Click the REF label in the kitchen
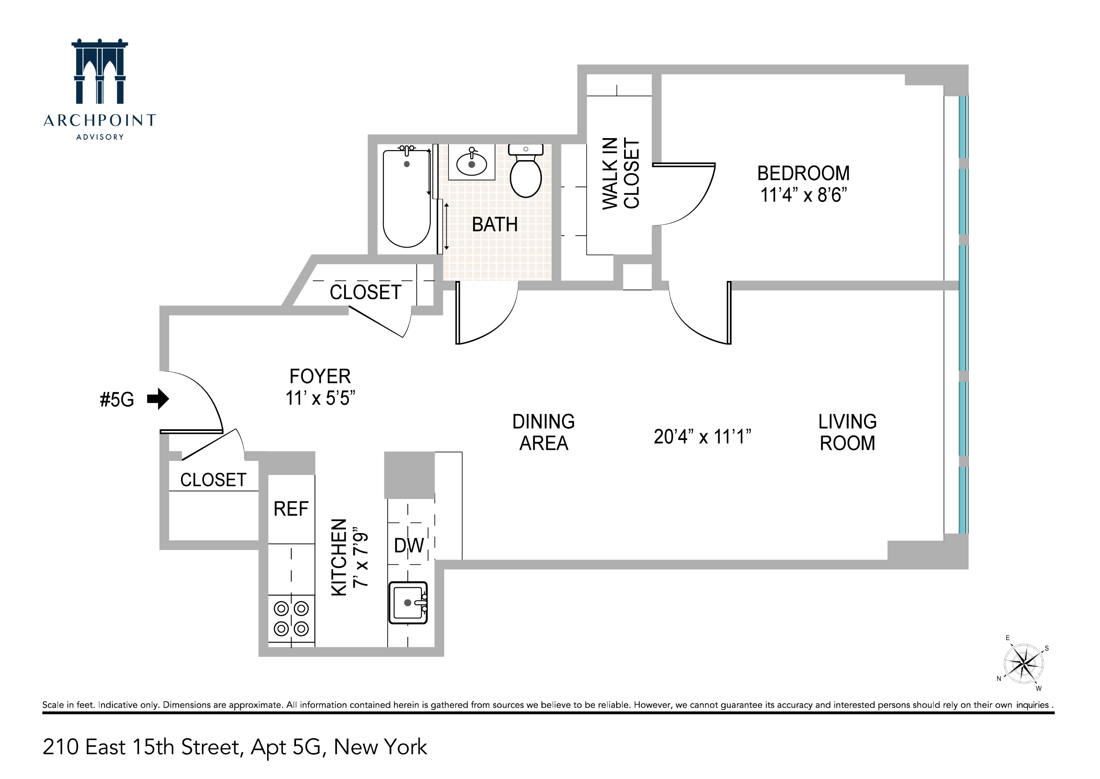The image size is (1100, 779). point(291,509)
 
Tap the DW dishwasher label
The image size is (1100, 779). point(408,545)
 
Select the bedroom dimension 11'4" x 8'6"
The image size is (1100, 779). point(803,195)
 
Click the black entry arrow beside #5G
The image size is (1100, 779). point(158,399)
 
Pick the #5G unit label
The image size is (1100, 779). point(116,400)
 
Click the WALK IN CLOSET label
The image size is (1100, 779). point(621,173)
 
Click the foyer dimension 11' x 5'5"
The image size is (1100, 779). point(320,398)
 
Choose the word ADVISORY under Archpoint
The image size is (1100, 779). point(100,137)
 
